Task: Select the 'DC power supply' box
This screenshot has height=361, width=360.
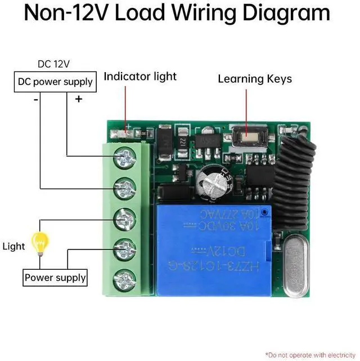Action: (x=55, y=82)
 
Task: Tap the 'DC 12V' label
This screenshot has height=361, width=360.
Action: (x=53, y=64)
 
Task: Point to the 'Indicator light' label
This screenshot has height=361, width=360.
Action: (x=140, y=77)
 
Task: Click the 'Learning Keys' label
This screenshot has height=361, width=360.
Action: (x=255, y=79)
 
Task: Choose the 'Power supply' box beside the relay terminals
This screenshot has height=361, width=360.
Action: (x=55, y=278)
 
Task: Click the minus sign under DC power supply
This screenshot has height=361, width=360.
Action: (x=35, y=100)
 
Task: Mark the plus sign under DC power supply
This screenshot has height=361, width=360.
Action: (x=78, y=99)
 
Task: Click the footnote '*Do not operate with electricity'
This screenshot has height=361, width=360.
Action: (x=310, y=355)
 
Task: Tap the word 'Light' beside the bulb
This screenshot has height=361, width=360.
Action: (x=14, y=246)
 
